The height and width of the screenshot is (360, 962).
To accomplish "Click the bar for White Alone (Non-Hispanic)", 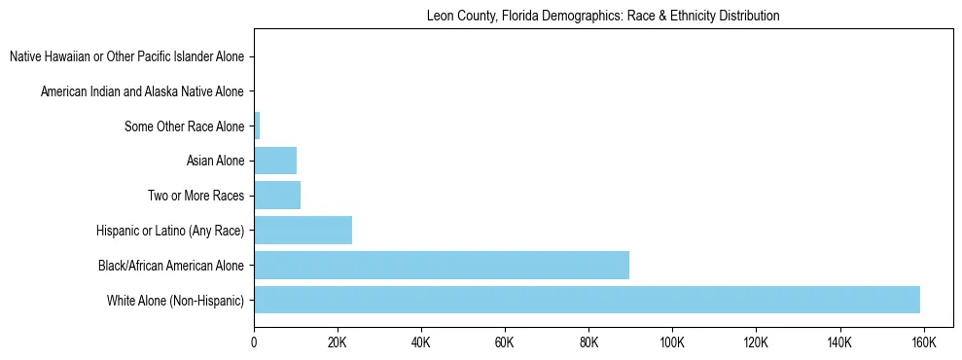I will (x=587, y=300).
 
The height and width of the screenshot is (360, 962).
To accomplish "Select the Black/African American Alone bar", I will (x=442, y=265).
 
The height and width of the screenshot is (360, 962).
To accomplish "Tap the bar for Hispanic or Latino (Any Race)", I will (x=303, y=231).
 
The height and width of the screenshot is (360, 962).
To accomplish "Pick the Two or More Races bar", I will (x=277, y=196).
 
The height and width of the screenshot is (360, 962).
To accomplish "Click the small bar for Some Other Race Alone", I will (x=257, y=126).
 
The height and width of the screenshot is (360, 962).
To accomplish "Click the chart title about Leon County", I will (x=603, y=17).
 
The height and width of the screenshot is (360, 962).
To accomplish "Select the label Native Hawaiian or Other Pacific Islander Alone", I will (x=126, y=56).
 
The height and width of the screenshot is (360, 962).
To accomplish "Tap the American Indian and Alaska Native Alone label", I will (x=142, y=91).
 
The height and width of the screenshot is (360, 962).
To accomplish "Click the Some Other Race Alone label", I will (x=185, y=126).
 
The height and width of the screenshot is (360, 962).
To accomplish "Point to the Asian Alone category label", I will (x=215, y=161).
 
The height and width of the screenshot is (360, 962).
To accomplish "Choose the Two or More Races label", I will (x=196, y=196).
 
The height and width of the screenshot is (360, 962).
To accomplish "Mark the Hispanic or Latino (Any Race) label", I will (x=170, y=231).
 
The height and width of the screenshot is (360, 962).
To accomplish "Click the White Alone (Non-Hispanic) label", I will (x=176, y=300).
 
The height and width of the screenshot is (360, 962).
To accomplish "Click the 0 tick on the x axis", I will (x=254, y=343).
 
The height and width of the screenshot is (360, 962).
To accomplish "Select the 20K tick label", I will (x=338, y=343).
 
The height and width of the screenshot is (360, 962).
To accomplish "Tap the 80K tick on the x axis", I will (x=588, y=343).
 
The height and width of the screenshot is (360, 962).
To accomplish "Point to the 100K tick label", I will (x=672, y=343).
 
